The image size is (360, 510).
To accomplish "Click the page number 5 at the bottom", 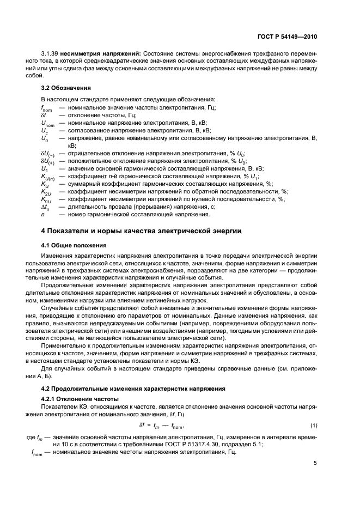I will [315, 463].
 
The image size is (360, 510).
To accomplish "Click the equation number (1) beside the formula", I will [313, 425].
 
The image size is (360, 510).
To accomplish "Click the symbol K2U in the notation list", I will [46, 192].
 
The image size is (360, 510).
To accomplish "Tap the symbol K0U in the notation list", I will [46, 199].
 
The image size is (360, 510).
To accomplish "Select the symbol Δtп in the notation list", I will [45, 207].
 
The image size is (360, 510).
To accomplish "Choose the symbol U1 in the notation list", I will [44, 169].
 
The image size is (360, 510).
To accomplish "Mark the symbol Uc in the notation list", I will [44, 131].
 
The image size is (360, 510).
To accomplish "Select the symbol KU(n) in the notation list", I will [48, 177].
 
